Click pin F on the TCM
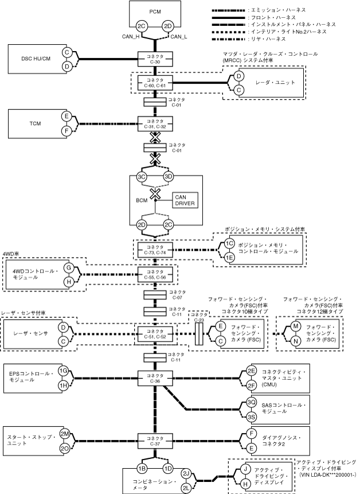point(66,131)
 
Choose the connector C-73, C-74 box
point(155,250)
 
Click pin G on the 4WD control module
point(69,267)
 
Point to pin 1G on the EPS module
point(64,371)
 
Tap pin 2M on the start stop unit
point(65,434)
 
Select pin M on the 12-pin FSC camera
point(296,326)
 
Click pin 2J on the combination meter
point(186,473)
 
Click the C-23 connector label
point(199,317)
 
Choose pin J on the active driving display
point(245,469)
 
